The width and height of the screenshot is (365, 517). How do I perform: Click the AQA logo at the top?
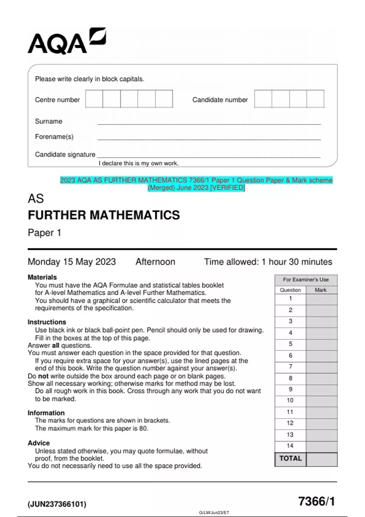point(67,42)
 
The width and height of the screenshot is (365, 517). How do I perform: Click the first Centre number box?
point(94,99)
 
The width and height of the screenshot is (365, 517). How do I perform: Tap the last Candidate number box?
point(315,99)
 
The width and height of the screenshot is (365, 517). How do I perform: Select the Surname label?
point(49,121)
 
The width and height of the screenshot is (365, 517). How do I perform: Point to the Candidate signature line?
point(209,157)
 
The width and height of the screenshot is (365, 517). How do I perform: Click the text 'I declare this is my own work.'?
point(138,163)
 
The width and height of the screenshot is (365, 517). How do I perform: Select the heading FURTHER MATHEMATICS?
point(104,215)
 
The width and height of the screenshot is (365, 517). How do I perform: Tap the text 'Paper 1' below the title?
point(44,233)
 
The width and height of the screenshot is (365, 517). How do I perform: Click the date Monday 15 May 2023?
point(72,262)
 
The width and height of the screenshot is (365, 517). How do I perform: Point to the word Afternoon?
point(155,262)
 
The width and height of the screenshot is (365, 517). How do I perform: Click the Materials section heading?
point(42,277)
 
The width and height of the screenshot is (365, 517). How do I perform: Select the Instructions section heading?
point(47,322)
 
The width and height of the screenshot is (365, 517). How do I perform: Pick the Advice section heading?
point(39,443)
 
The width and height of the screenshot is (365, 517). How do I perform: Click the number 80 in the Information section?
point(143,429)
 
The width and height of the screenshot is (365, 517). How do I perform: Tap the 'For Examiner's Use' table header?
point(306,280)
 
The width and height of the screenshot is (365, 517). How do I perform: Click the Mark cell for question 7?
point(322,367)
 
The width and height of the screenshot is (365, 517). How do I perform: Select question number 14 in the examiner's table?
point(290,446)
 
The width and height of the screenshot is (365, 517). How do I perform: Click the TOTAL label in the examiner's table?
point(290,459)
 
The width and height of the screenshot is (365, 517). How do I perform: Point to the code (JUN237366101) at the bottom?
point(57,504)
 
